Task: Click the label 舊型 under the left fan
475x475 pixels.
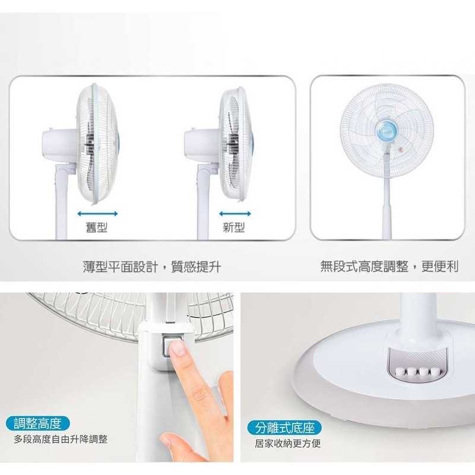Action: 97,227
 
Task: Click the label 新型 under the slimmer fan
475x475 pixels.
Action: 233,227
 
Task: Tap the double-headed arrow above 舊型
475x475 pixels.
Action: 97,214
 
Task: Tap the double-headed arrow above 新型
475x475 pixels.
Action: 235,214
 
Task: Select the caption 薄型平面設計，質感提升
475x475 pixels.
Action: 152,267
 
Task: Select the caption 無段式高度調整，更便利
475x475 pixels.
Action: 389,266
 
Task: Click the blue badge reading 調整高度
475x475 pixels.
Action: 37,423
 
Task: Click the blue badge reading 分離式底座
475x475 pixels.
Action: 284,427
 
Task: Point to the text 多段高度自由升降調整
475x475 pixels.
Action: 61,439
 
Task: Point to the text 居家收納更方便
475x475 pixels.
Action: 287,444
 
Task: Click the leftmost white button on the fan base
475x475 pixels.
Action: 400,371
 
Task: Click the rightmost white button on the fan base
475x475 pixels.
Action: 435,372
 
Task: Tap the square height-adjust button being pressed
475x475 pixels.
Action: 170,346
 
